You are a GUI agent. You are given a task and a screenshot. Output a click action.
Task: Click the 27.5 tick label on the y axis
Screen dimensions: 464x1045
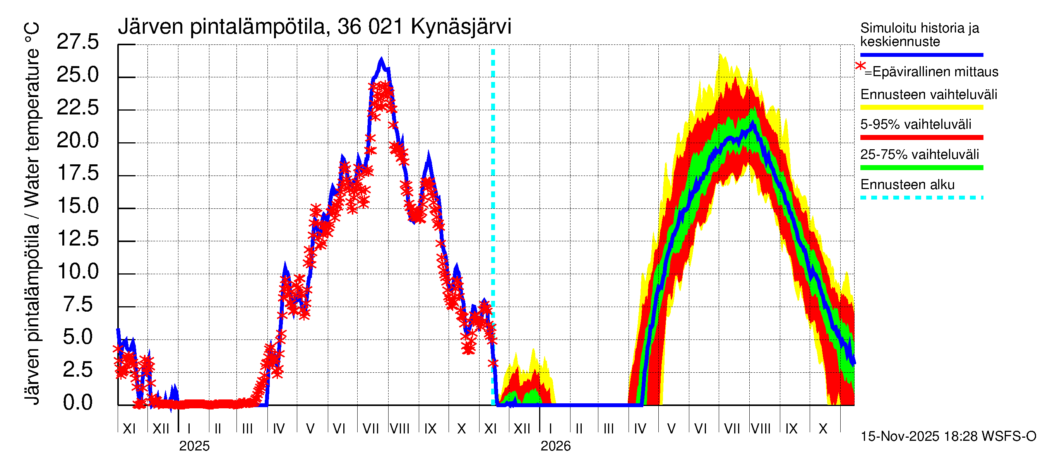pyautogui.click(x=77, y=42)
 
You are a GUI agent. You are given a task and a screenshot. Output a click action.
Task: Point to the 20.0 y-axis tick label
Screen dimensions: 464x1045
pyautogui.click(x=77, y=141)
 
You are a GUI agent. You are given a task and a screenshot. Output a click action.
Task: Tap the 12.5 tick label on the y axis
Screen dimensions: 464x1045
pyautogui.click(x=77, y=239)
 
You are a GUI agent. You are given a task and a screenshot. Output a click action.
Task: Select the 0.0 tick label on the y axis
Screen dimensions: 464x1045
pyautogui.click(x=77, y=403)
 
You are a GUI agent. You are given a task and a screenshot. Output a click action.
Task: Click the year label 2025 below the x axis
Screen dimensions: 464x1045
pyautogui.click(x=194, y=446)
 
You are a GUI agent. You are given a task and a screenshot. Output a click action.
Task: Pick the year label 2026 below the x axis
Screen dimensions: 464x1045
pyautogui.click(x=555, y=446)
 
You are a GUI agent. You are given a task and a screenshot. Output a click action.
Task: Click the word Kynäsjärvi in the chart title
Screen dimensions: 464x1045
pyautogui.click(x=461, y=27)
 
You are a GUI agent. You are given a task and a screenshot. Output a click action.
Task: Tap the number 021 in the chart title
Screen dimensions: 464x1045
pyautogui.click(x=385, y=27)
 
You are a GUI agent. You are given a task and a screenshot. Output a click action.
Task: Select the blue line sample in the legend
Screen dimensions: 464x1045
pyautogui.click(x=921, y=55)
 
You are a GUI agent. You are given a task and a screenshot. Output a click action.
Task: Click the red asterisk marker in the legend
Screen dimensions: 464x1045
pyautogui.click(x=860, y=66)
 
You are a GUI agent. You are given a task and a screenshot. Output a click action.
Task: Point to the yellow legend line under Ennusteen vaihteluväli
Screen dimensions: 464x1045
pyautogui.click(x=921, y=108)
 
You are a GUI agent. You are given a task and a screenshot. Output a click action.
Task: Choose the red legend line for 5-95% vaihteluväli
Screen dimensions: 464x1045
pyautogui.click(x=921, y=138)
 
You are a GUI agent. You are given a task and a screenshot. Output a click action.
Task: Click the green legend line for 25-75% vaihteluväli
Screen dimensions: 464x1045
pyautogui.click(x=921, y=168)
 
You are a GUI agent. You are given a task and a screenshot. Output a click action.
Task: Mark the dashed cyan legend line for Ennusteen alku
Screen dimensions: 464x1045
pyautogui.click(x=921, y=198)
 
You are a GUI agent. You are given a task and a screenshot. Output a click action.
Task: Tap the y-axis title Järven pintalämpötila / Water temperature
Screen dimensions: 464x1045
pyautogui.click(x=32, y=213)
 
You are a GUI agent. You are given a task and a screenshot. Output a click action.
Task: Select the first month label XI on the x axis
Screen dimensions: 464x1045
pyautogui.click(x=129, y=429)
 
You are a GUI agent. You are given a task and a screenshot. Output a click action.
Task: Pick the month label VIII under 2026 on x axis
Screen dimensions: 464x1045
pyautogui.click(x=761, y=429)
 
